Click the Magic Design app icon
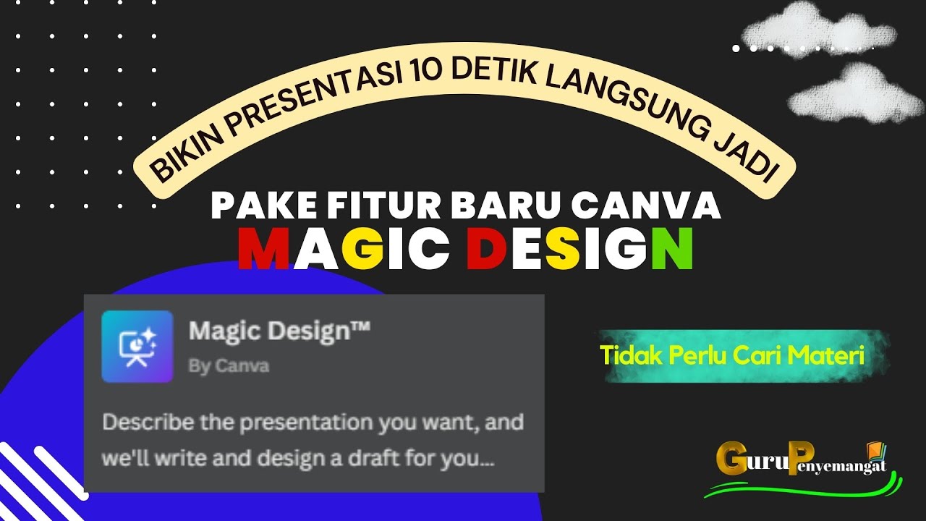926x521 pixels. point(137,346)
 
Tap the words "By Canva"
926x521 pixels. point(229,366)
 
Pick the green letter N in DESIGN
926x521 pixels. point(671,249)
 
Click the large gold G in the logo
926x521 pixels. point(732,459)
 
